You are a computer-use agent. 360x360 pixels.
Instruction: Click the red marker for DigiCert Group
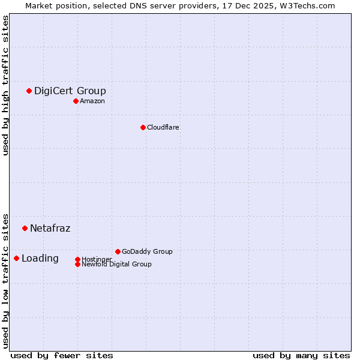(x=29, y=91)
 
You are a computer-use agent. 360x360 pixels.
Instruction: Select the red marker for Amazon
(x=76, y=101)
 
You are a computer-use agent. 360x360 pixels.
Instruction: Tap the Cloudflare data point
(x=143, y=127)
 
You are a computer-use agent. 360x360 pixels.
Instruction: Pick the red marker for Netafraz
(x=25, y=228)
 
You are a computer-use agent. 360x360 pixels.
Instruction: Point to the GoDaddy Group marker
(x=118, y=251)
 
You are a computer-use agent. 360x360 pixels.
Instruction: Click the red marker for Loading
(x=16, y=258)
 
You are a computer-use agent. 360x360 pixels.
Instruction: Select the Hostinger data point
(x=77, y=259)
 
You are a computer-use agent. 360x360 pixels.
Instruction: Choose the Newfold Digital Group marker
(x=77, y=264)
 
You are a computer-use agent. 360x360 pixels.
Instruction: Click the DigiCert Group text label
(x=70, y=91)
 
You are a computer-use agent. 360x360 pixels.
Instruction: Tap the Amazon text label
(x=92, y=101)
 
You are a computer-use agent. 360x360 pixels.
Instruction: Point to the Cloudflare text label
(x=163, y=127)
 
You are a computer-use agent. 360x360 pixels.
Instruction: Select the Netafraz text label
(x=50, y=228)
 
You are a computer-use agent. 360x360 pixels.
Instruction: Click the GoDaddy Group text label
(x=147, y=251)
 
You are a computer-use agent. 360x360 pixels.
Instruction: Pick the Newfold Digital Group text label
(x=116, y=264)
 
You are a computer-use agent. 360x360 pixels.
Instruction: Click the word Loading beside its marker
(x=40, y=258)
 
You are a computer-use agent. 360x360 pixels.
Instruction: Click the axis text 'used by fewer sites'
(x=62, y=355)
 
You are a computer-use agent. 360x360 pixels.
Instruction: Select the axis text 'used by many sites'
(x=301, y=355)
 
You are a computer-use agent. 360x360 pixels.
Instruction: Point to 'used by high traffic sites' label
(x=5, y=85)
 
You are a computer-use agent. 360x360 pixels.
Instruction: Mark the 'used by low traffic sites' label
(x=5, y=280)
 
